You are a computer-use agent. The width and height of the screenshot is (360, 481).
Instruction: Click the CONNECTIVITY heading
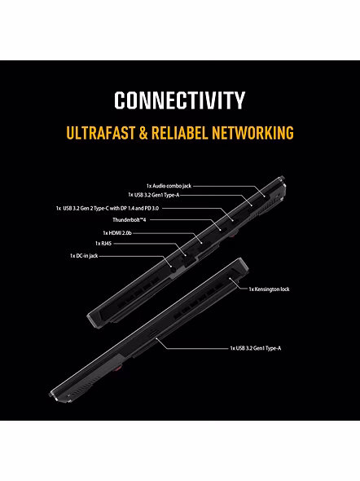click(x=180, y=100)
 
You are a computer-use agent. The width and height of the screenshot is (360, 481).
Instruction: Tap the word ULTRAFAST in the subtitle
click(x=101, y=133)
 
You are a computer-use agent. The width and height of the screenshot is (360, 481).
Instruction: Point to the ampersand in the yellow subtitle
click(x=143, y=133)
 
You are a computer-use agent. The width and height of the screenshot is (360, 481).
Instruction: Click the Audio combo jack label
click(x=169, y=186)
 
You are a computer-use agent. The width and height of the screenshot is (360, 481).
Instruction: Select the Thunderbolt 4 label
click(x=129, y=220)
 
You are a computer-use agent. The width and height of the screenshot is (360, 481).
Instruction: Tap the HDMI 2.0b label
click(x=117, y=233)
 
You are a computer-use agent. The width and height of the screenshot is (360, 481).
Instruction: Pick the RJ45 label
click(x=103, y=244)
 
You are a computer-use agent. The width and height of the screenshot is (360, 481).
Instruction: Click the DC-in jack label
click(x=84, y=256)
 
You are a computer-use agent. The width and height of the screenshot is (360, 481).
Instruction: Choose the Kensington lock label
click(x=269, y=289)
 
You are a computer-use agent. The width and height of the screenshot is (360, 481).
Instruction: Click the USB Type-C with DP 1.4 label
click(x=108, y=209)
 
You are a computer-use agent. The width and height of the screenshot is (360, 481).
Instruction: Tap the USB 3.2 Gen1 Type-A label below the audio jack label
click(x=153, y=195)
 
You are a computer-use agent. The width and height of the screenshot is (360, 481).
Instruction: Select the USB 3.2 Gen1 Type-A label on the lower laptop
click(x=256, y=348)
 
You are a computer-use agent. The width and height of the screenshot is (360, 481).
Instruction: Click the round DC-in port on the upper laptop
click(x=173, y=269)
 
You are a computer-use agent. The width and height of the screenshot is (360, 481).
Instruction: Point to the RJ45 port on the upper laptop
click(x=189, y=259)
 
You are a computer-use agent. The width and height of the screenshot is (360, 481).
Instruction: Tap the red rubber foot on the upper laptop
click(x=233, y=234)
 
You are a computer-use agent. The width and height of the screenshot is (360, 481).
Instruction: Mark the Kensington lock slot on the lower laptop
click(x=230, y=278)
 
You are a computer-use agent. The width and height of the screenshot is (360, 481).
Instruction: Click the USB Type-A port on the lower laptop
click(x=153, y=333)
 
